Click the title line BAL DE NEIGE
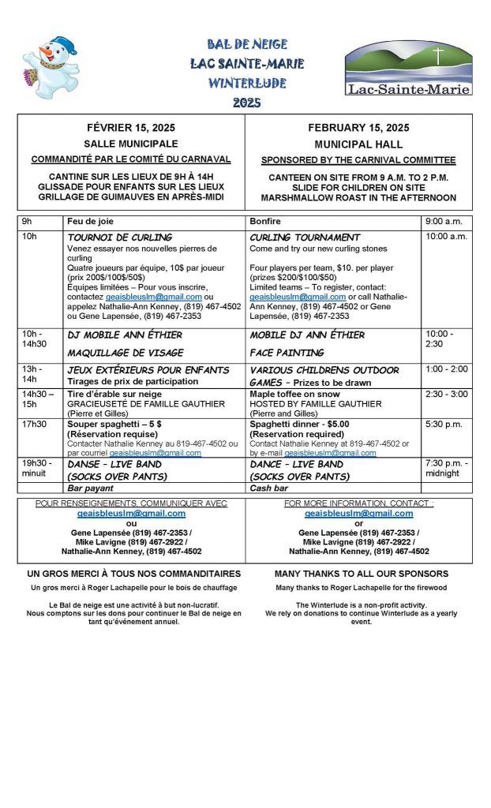point(247,44)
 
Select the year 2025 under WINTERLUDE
point(246,102)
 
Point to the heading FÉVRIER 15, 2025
point(131,128)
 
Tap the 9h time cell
point(27,221)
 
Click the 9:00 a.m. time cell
point(444,221)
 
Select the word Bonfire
point(264,221)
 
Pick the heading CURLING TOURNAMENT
point(305,237)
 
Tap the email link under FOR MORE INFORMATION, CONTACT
point(358,513)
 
